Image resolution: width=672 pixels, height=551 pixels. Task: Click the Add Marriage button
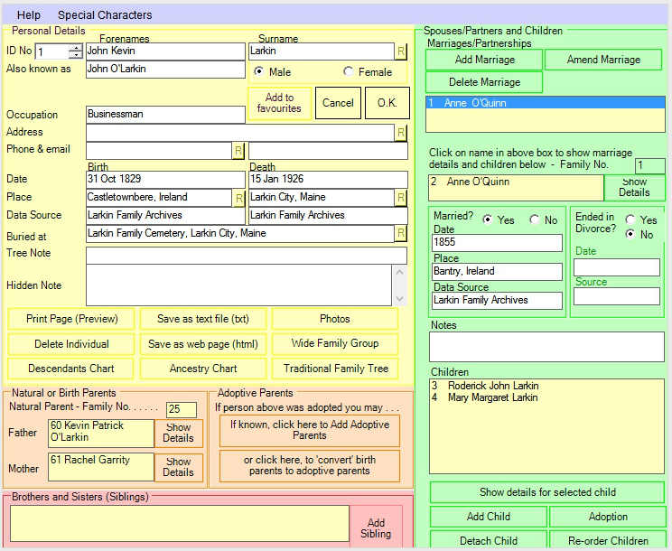(484, 60)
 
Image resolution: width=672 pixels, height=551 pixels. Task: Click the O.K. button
(387, 103)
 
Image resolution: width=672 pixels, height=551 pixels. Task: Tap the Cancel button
(338, 103)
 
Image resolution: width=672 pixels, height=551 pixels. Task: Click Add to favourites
(279, 103)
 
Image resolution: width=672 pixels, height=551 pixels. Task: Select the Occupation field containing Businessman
(165, 115)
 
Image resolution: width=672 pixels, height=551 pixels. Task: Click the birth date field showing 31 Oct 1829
(165, 179)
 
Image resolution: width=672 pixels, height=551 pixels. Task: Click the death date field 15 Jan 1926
(328, 179)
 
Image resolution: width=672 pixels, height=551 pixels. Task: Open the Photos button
(335, 319)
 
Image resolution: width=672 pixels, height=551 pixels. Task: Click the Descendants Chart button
(71, 369)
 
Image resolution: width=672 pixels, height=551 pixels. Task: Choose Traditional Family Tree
(336, 369)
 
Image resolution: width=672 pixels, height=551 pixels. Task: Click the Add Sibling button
(376, 528)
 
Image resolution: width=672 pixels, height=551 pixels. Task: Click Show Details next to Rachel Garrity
(178, 467)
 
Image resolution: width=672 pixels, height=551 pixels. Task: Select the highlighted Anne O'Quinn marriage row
(546, 103)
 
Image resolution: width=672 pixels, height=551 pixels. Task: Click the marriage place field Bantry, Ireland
(497, 272)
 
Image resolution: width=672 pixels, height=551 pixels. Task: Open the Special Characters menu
(105, 15)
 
